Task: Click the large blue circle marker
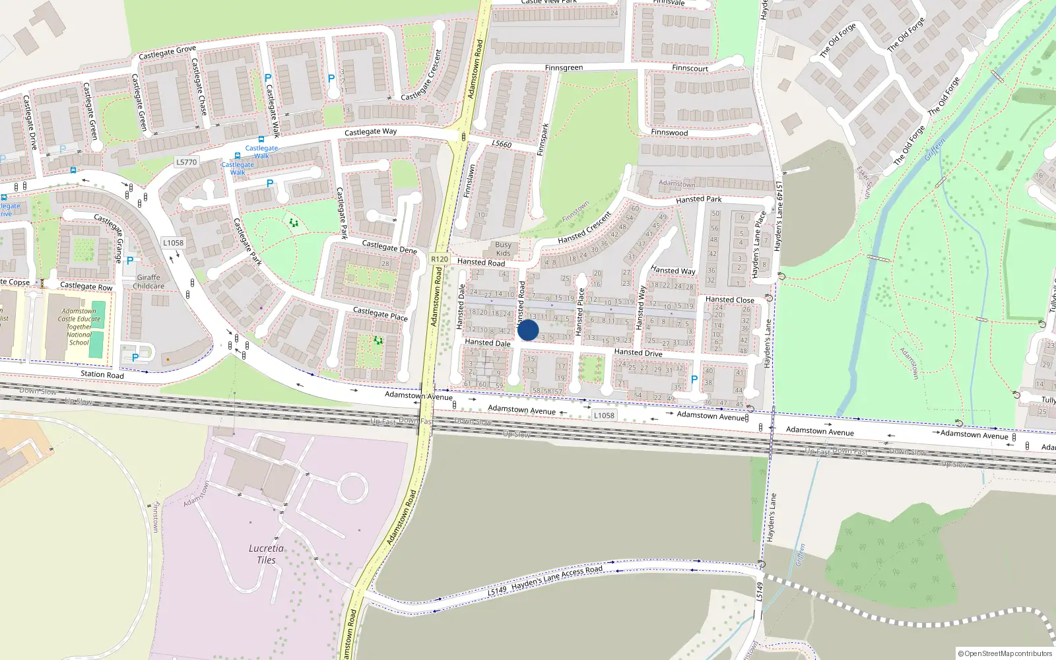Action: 528,330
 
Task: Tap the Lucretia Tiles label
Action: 266,554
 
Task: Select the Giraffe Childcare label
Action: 148,282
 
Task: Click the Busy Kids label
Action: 503,249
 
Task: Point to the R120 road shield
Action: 440,259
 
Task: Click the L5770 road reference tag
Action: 187,162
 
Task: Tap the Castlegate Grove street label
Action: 167,53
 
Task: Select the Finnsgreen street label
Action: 564,68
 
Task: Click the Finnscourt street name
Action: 690,69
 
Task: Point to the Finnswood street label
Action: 669,133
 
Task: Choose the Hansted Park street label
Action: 698,199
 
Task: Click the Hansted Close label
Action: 729,300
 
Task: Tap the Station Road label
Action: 102,375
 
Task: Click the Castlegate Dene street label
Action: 389,247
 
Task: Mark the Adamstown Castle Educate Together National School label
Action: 79,327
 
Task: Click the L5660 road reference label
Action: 502,144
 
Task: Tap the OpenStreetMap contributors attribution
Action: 1005,653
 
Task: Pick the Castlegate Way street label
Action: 371,132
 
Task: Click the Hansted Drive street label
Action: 638,352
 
